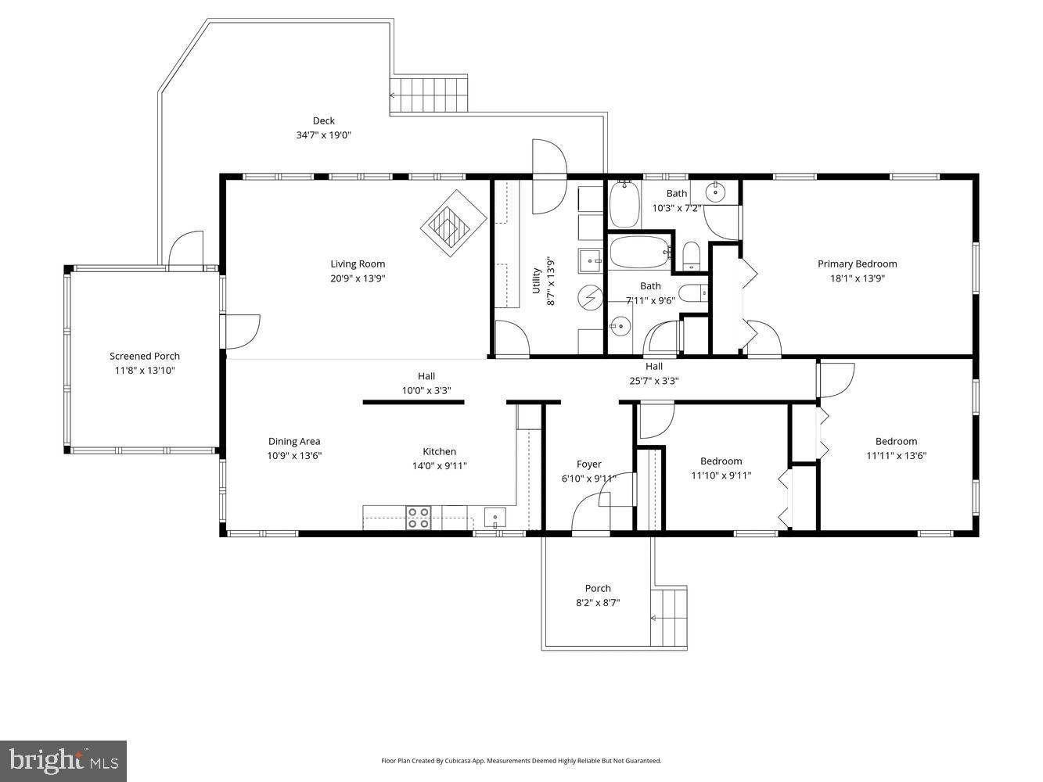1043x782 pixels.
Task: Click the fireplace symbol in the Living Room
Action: pos(454,224)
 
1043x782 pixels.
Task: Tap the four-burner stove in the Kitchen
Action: pos(419,518)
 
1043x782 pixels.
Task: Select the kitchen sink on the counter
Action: pos(495,518)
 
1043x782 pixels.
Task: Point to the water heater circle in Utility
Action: pos(590,297)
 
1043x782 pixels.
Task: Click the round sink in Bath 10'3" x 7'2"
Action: pos(716,191)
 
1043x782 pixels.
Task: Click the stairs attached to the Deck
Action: pos(429,95)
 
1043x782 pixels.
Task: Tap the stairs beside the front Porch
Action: pos(668,618)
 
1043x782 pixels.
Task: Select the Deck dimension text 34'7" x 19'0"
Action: pos(323,135)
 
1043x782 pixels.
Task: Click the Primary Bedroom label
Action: pos(857,264)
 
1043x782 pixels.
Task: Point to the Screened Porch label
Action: pos(145,356)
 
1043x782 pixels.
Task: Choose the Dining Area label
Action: pos(294,441)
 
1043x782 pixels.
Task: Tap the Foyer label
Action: pos(589,464)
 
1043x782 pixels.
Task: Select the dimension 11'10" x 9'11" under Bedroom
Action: pos(721,475)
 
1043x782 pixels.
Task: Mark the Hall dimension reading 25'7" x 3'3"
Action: pos(654,381)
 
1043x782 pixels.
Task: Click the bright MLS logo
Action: pos(63,760)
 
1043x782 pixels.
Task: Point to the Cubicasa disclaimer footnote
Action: pos(521,760)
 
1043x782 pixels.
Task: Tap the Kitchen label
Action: pos(439,451)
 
